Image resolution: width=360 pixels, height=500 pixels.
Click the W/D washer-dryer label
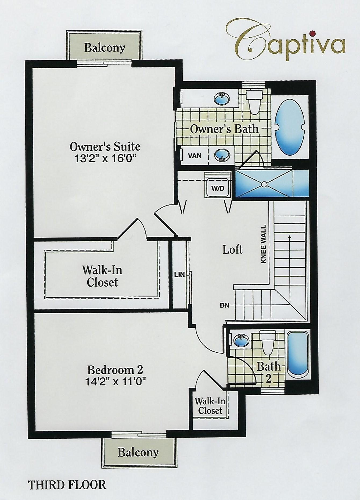pyautogui.click(x=218, y=188)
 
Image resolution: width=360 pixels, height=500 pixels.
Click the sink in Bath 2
pyautogui.click(x=242, y=341)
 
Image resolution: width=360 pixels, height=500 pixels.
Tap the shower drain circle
pyautogui.click(x=264, y=184)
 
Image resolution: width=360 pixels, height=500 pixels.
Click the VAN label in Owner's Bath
pyautogui.click(x=195, y=156)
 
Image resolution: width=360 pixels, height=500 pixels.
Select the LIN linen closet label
pyautogui.click(x=179, y=274)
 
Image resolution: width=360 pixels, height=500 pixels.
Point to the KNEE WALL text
pyautogui.click(x=263, y=244)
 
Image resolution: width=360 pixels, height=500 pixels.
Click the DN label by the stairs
pyautogui.click(x=224, y=305)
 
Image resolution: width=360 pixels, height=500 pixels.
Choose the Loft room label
pyautogui.click(x=232, y=249)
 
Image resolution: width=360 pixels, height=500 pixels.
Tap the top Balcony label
pyautogui.click(x=105, y=48)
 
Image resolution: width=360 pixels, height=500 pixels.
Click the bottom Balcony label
pyautogui.click(x=138, y=452)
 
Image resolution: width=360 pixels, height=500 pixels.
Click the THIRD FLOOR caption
pyautogui.click(x=67, y=485)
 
